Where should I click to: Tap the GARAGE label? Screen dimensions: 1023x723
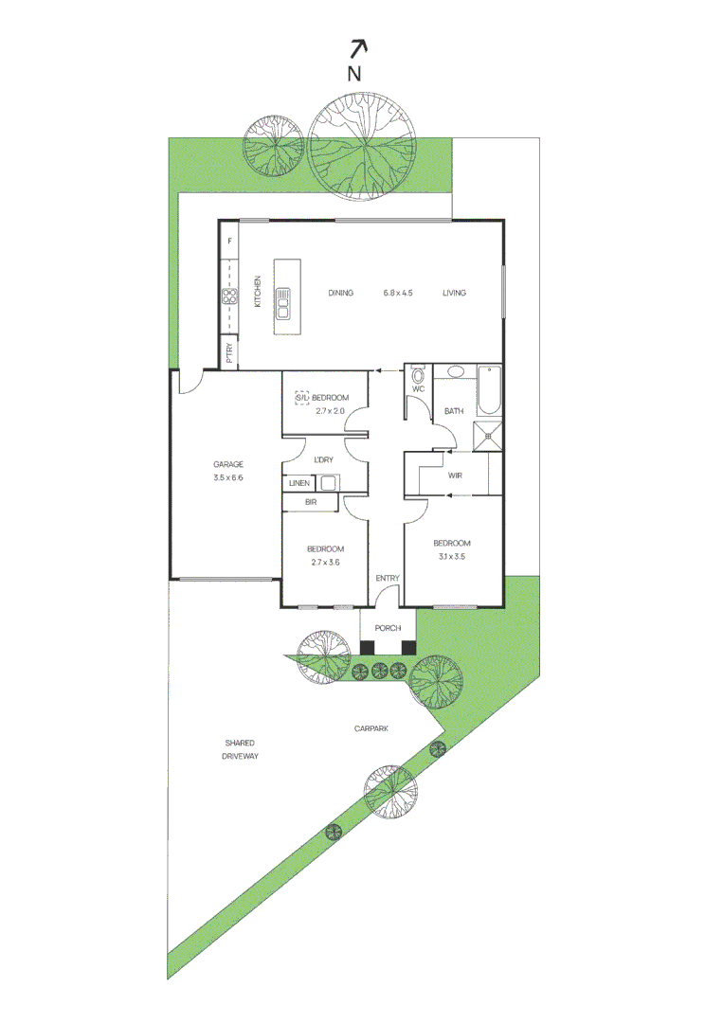(227, 464)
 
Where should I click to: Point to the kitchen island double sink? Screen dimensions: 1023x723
(283, 303)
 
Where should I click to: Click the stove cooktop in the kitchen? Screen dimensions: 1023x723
(229, 296)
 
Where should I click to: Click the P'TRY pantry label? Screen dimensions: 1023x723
(229, 353)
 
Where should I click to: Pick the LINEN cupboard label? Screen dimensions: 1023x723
(299, 483)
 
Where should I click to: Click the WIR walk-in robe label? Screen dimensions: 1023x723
(455, 475)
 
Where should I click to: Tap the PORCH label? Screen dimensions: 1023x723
(388, 628)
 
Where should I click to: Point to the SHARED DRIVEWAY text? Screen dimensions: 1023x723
(240, 749)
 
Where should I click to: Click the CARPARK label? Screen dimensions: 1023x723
(371, 728)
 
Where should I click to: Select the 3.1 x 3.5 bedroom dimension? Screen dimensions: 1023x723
(451, 557)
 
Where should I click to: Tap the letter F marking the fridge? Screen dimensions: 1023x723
(228, 242)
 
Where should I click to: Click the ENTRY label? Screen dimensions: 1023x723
(388, 578)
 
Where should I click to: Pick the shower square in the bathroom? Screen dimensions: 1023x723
(489, 437)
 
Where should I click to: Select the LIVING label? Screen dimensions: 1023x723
(454, 293)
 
